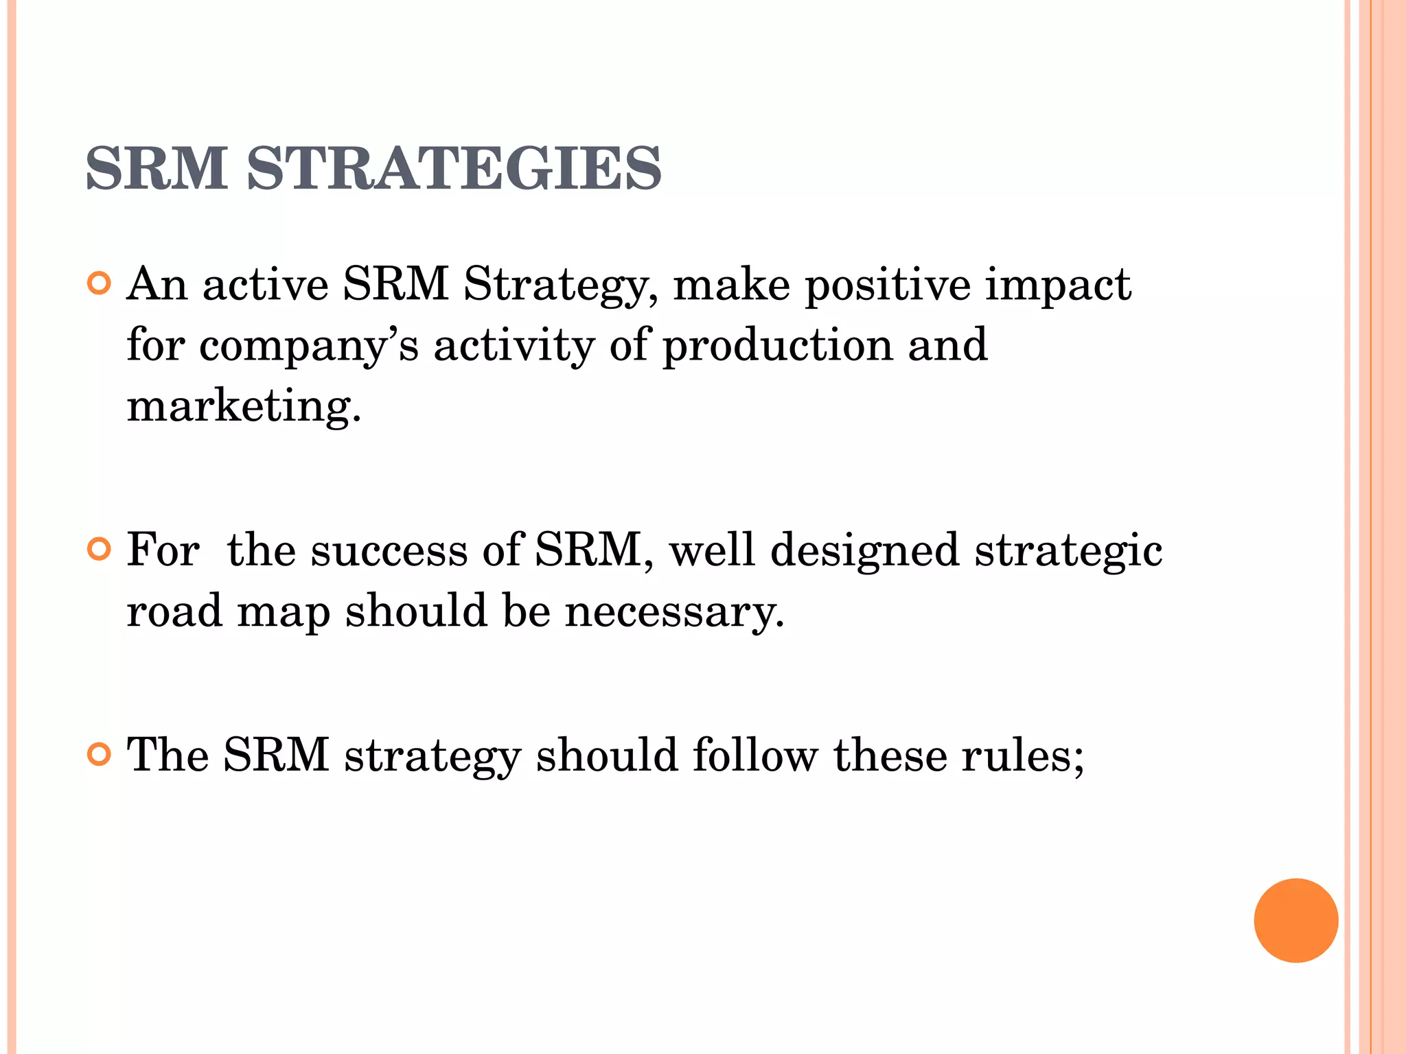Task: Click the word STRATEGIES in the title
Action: (454, 169)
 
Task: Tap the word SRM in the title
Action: (157, 169)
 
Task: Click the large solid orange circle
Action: (1295, 920)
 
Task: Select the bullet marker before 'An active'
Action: (100, 283)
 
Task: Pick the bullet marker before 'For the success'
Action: (100, 549)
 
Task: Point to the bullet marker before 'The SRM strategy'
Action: (100, 754)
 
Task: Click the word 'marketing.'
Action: (244, 406)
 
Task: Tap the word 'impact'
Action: (1058, 285)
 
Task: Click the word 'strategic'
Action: (1069, 551)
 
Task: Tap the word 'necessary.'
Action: (674, 611)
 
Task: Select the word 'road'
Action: (174, 610)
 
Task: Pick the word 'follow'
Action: (755, 756)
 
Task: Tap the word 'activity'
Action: (514, 345)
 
